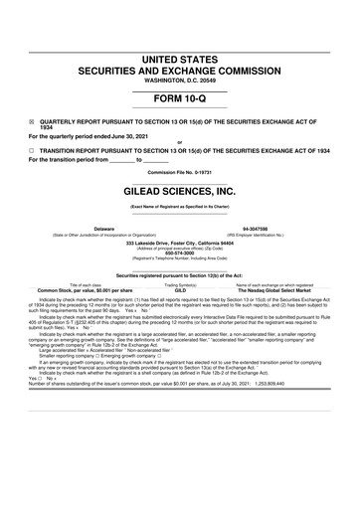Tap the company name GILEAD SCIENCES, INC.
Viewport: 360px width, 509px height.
click(179, 187)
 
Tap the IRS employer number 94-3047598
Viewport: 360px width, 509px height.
click(283, 228)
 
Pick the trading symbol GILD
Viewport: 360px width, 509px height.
click(181, 290)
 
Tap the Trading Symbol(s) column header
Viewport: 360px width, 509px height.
click(180, 284)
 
